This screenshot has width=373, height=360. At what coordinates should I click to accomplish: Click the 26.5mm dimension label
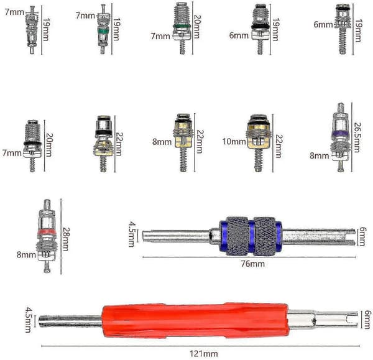coord(357,137)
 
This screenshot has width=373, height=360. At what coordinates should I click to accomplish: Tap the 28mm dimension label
coord(66,239)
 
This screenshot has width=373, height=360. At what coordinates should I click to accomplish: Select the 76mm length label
coord(252,264)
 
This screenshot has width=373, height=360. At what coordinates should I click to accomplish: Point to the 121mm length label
coord(204,354)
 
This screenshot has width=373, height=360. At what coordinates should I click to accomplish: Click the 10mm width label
coord(234,142)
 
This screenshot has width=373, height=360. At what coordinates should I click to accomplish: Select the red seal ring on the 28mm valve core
coord(47,232)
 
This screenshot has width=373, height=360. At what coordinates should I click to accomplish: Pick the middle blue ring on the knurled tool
coord(251,236)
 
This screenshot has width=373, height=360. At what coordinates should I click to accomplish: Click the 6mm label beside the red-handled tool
coord(368,320)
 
